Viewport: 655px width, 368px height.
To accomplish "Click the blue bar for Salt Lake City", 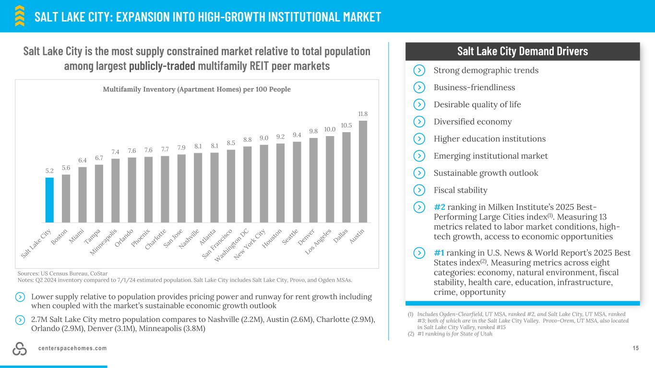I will coord(49,200).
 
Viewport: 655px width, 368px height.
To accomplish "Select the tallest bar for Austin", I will coord(363,171).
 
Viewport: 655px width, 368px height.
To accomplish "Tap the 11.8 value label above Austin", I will coord(363,114).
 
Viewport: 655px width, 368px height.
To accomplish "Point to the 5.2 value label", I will coord(49,171).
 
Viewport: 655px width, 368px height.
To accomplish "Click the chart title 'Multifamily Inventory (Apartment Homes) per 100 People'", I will coord(197,90).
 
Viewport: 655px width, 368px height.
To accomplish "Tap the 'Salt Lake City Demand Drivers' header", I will coord(522,51).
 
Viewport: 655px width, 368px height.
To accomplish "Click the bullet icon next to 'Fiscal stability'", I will coord(419,190).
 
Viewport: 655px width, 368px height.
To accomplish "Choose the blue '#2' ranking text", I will coord(440,207).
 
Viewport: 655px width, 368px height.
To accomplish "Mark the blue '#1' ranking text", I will coord(440,253).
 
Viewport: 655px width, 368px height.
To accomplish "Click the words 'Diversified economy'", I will coord(472,122).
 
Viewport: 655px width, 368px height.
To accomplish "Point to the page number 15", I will coord(636,348).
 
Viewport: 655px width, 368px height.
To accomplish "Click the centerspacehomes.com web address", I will coord(72,348).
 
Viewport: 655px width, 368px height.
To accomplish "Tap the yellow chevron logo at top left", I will coord(20,15).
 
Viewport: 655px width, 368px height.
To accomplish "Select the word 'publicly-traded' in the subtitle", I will coord(162,66).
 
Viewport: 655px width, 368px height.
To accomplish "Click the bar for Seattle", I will coord(297,182).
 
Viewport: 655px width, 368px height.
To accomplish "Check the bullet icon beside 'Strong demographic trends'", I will coord(419,70).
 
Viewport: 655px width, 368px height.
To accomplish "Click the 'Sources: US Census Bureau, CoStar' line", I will coord(62,273).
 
